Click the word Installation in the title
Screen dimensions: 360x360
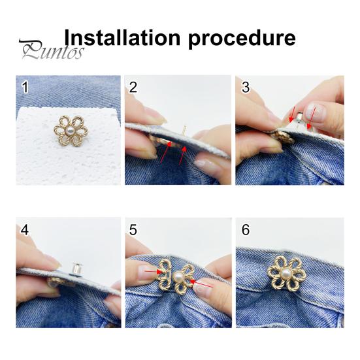coord(122,37)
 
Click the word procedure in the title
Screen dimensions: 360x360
coord(242,39)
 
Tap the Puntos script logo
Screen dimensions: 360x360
coord(52,50)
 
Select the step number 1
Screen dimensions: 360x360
coord(25,88)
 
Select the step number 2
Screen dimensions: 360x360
coord(133,88)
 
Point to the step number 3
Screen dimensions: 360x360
coord(246,88)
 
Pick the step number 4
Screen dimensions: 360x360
coord(25,230)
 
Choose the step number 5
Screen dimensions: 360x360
coord(133,230)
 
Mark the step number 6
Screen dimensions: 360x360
coord(246,230)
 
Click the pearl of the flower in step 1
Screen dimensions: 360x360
coord(70,131)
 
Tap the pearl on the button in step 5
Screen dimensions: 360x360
coord(180,277)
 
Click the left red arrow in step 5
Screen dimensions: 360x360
coord(154,272)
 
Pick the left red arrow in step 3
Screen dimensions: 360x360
coord(293,114)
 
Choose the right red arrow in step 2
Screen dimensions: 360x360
coord(182,156)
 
